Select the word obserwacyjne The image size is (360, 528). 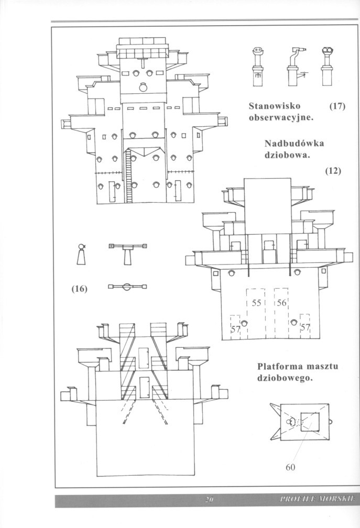[x=281, y=117]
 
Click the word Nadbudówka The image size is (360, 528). [x=294, y=144]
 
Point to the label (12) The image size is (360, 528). [x=333, y=170]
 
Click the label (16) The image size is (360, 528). [x=79, y=289]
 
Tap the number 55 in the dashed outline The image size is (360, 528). [x=257, y=303]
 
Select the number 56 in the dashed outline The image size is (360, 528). [x=282, y=303]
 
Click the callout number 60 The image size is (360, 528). [x=292, y=468]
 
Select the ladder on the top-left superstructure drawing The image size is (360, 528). [x=128, y=176]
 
